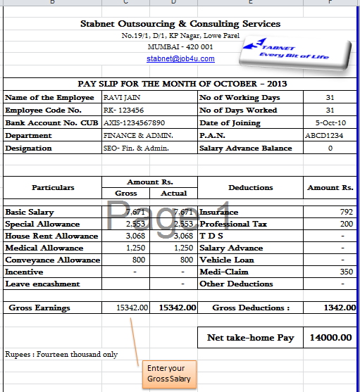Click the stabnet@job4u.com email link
tap(181, 58)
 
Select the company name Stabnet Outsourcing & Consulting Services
tap(180, 24)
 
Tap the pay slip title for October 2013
tap(180, 84)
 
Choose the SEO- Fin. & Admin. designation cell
tap(135, 148)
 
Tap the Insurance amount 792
tap(345, 212)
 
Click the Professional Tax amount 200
tap(345, 224)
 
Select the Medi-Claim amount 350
tap(345, 272)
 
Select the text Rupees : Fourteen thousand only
tap(61, 354)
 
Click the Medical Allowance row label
tap(44, 248)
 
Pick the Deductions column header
tap(251, 188)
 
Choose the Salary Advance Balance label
tap(245, 148)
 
